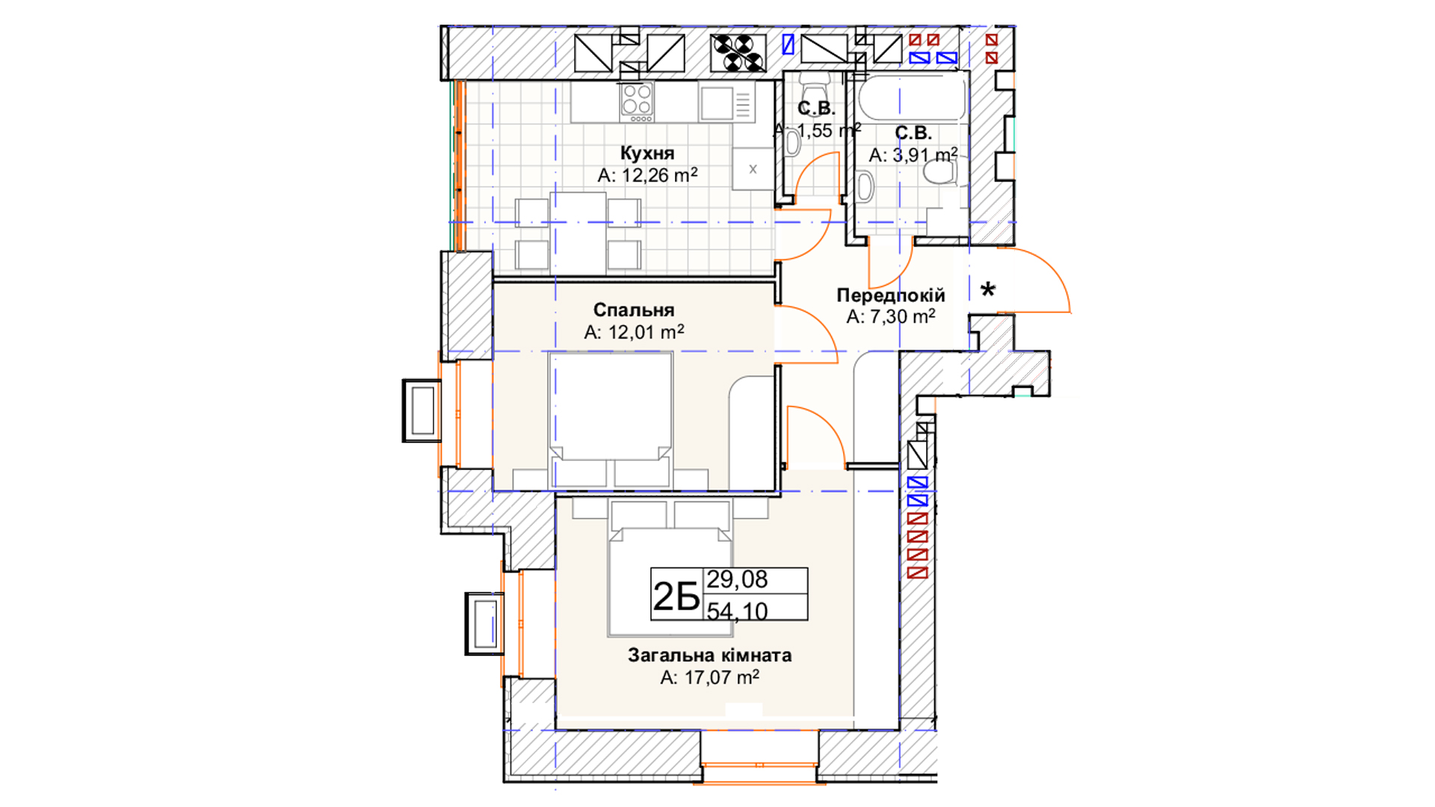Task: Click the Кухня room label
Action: [x=647, y=153]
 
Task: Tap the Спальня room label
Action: [x=634, y=310]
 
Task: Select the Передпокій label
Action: [x=891, y=295]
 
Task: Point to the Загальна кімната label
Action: [x=709, y=655]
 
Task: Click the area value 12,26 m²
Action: [x=647, y=176]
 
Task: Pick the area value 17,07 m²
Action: [x=709, y=678]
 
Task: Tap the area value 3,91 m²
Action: [x=913, y=155]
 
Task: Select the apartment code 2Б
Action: [x=676, y=596]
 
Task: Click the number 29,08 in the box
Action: [x=737, y=579]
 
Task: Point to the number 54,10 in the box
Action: [x=737, y=610]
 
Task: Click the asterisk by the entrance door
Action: [x=988, y=290]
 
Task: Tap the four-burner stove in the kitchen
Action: [x=637, y=102]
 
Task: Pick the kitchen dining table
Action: [x=578, y=233]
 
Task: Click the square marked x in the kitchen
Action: [x=753, y=169]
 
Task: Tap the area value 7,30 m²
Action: [x=891, y=317]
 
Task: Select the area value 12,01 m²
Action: [x=634, y=332]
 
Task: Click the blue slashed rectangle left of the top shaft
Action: [x=788, y=45]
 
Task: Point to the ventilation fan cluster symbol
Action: [x=738, y=53]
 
